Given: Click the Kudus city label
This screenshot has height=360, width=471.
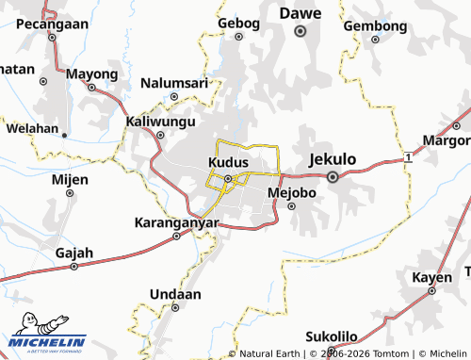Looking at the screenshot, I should coord(227,163).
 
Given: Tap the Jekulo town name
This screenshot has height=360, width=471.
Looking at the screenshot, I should coord(333,159).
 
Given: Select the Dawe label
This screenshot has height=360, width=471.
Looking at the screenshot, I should coord(300,13).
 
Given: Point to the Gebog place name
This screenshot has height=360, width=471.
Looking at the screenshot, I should coord(237,23).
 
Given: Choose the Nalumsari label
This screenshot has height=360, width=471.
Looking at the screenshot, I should coord(173,83).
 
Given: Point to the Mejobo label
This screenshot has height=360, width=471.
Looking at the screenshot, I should coord(291,192).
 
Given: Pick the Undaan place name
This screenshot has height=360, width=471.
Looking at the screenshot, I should coord(176,294).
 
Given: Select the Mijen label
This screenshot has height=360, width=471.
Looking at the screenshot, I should coord(70,178).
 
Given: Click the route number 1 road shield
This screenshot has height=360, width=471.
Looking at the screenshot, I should coord(407,157).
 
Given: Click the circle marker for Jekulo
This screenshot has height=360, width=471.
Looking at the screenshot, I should coord(333,176).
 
